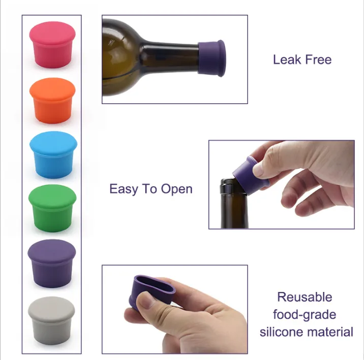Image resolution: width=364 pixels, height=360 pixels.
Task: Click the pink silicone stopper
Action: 52,45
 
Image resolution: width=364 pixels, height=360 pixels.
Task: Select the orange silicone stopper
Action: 52,101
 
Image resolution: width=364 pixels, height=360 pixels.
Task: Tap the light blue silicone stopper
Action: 53,155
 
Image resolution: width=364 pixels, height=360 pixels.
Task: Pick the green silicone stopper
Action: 52,208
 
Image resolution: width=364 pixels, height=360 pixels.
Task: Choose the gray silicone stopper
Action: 51,320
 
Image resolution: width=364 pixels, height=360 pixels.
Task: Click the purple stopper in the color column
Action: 52,264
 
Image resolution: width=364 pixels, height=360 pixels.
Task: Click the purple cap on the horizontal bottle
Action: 211,58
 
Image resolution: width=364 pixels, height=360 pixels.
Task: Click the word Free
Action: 318,59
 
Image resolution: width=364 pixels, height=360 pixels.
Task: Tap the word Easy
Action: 124,189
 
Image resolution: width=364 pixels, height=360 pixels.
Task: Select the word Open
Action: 176,189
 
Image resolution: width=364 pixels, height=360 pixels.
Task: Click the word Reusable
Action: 305,297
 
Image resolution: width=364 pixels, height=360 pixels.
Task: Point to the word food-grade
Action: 305,315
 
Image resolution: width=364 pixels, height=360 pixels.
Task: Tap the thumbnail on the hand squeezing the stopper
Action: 146,301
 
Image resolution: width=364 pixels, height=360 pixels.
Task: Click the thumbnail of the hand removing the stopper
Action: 259,170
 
